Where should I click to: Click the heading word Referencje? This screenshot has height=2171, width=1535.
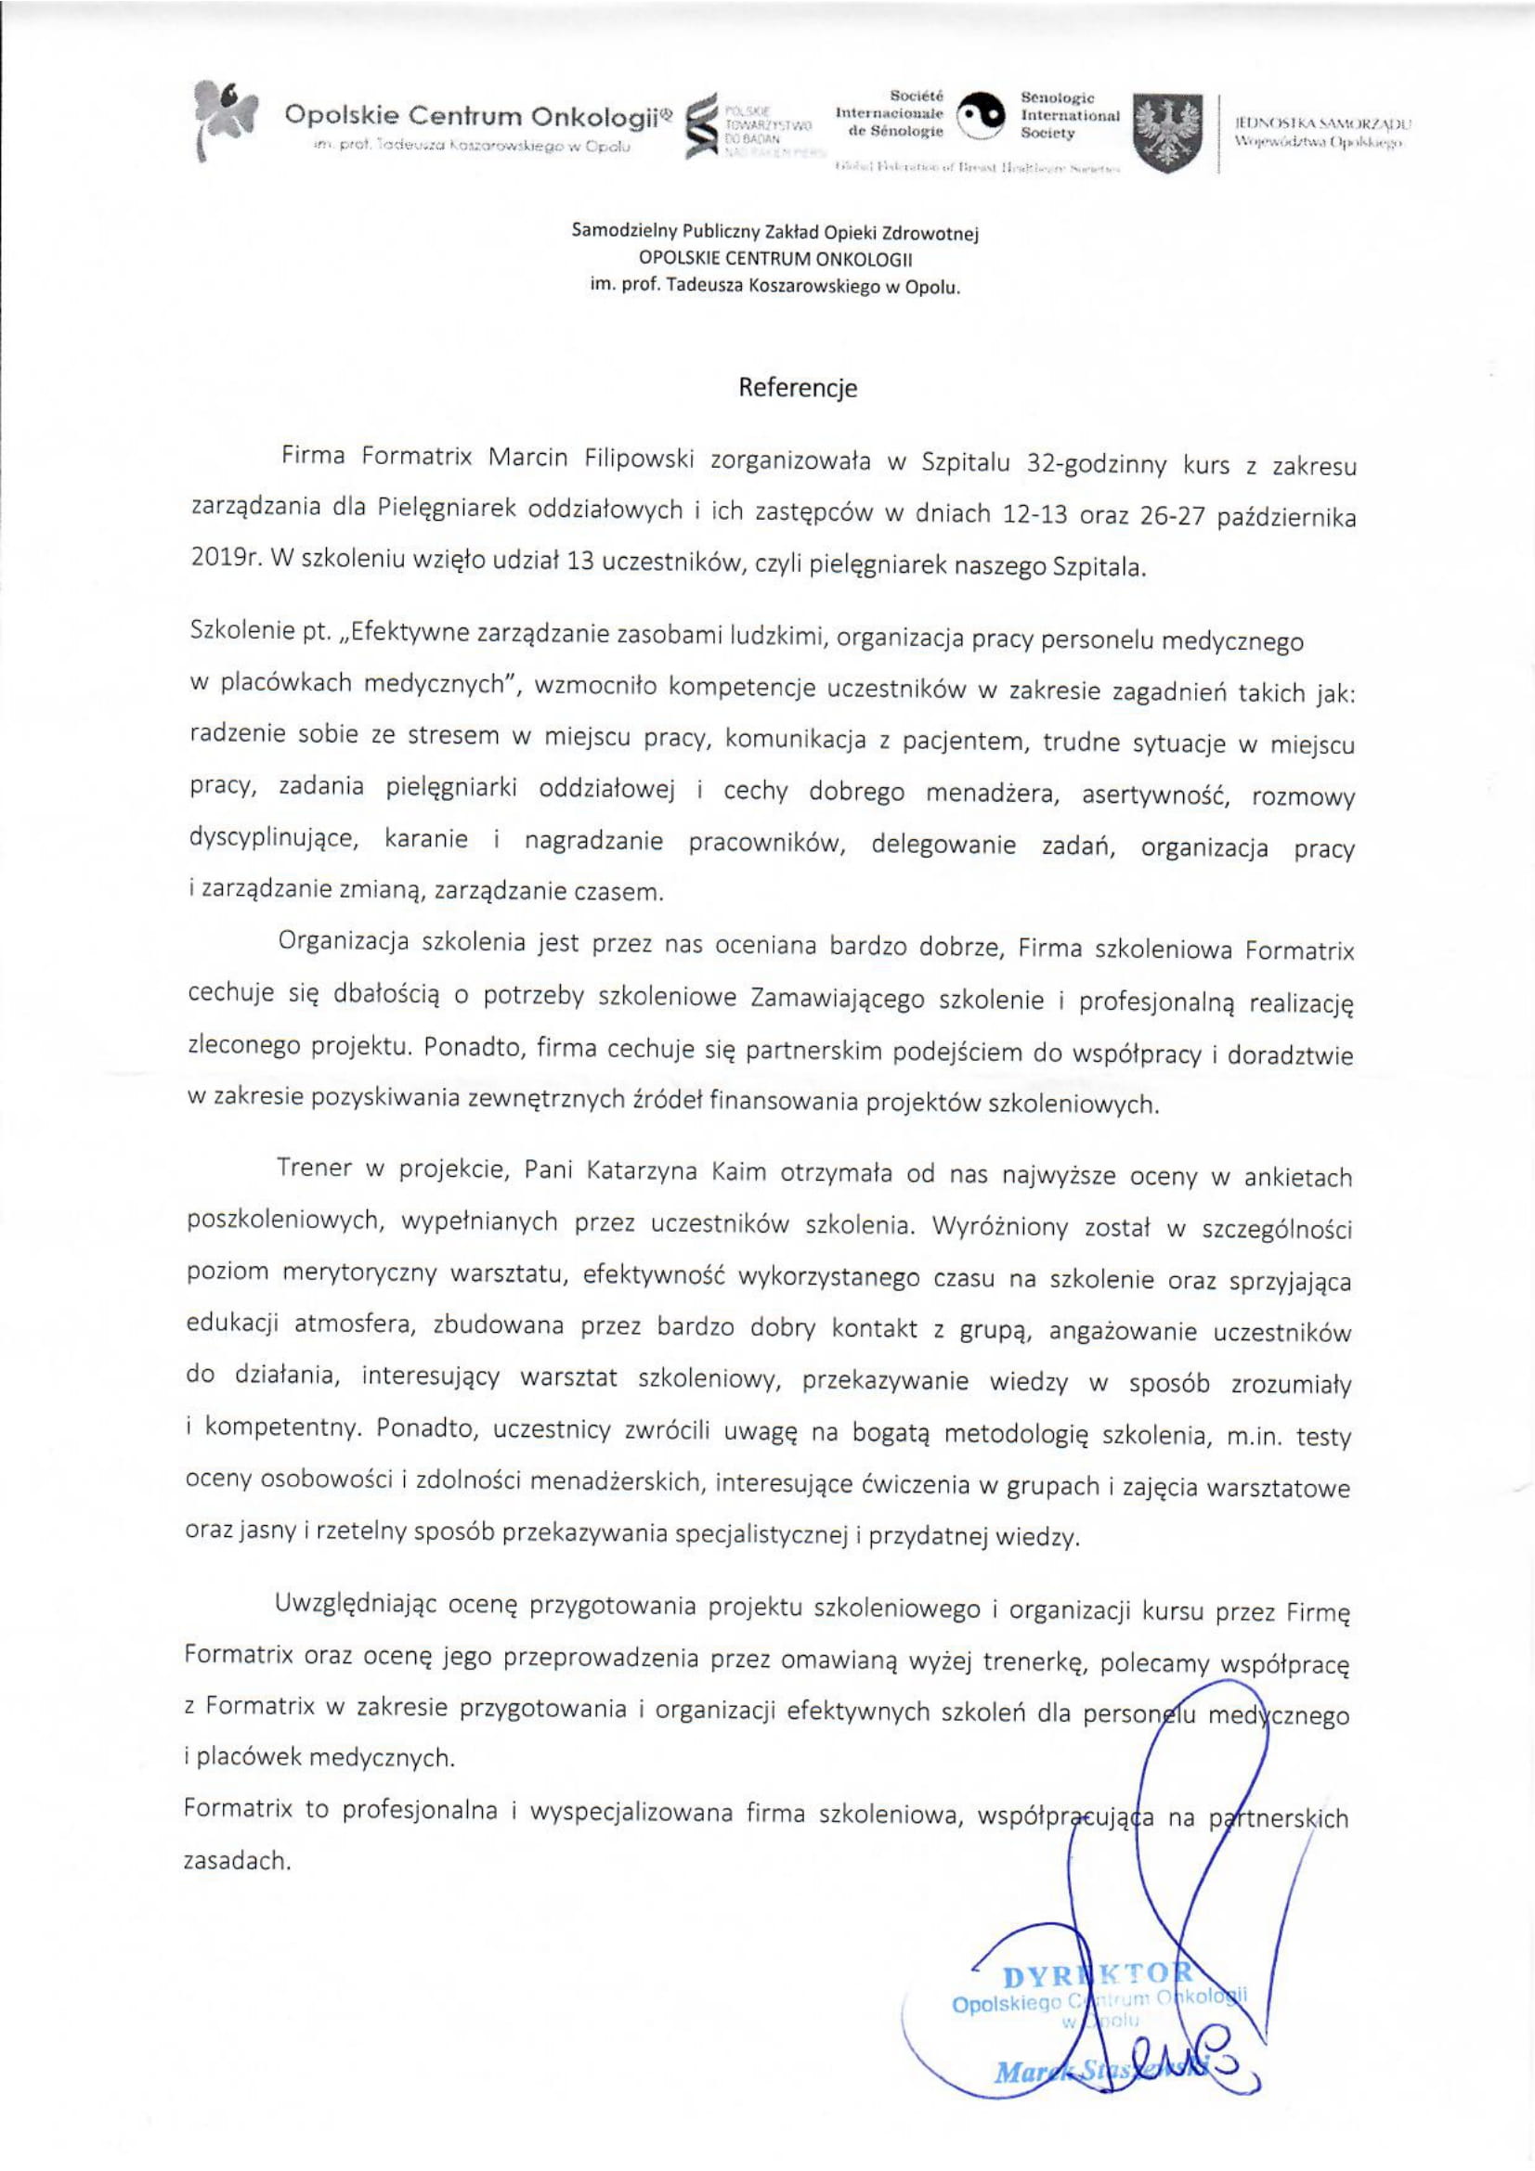[797, 389]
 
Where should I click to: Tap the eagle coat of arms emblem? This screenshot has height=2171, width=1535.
[1167, 133]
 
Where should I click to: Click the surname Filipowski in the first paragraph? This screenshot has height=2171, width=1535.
[638, 459]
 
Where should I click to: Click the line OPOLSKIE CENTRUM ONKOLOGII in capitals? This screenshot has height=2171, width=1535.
[775, 258]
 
